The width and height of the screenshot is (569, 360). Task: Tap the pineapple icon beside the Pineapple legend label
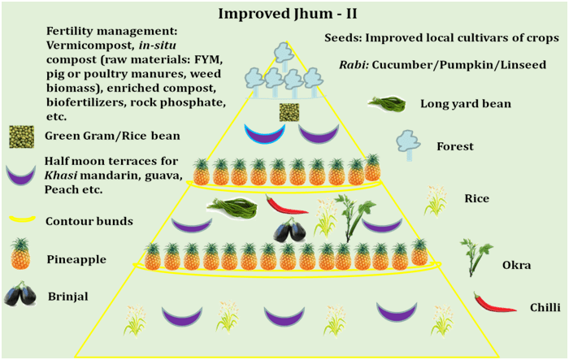20,258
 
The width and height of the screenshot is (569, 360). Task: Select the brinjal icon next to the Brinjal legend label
20,295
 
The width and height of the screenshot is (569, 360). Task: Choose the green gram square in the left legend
21,135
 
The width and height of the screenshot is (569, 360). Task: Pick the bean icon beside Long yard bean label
387,104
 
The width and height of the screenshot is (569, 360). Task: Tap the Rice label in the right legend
476,197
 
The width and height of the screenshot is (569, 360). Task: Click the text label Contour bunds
90,219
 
